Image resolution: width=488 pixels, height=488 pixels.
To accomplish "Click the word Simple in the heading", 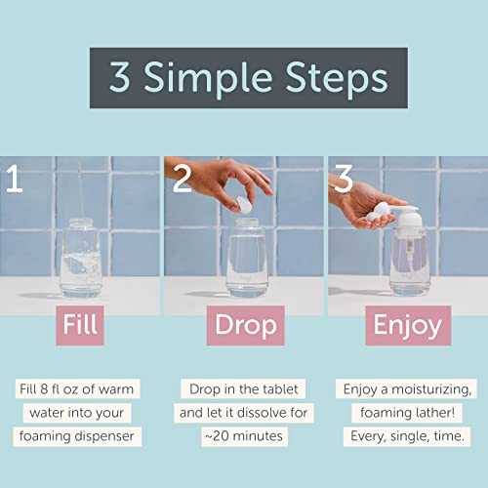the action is click(x=208, y=79).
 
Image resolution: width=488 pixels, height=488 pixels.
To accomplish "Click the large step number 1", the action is click(x=15, y=179).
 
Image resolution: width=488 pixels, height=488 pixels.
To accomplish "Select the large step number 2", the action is click(x=182, y=178).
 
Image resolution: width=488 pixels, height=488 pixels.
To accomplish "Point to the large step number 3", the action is click(x=344, y=178).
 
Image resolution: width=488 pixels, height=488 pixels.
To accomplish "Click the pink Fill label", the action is click(x=80, y=325).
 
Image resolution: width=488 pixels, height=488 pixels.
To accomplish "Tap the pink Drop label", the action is click(x=246, y=325).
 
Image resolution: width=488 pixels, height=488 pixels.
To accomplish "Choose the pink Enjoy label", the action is click(x=408, y=325).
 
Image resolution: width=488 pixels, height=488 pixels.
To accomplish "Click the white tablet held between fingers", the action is click(x=244, y=205).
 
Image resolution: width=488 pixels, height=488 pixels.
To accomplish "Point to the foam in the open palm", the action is click(x=377, y=212).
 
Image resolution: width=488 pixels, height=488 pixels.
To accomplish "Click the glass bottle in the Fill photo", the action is click(x=81, y=258).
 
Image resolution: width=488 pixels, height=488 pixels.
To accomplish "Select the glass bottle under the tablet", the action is click(x=247, y=258).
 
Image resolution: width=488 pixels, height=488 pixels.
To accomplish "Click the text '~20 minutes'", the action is click(x=244, y=436).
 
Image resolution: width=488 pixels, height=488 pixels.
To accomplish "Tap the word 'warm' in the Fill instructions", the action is click(x=116, y=389).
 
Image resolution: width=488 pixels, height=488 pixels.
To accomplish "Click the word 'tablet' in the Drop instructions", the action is click(x=280, y=389).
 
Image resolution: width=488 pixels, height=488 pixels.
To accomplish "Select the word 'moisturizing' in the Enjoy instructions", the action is click(x=431, y=389).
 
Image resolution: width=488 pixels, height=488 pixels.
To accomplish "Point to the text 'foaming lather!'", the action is click(x=407, y=413).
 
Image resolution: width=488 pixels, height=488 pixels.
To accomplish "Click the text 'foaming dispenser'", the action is click(x=77, y=436).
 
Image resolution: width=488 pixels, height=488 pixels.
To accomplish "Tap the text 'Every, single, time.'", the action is click(x=407, y=436).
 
